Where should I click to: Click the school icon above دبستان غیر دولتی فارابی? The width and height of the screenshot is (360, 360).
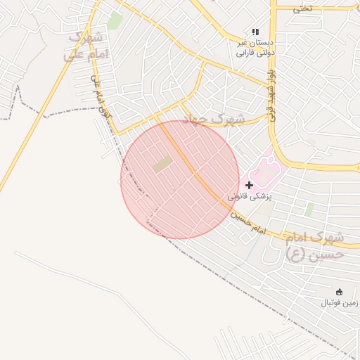[255, 32]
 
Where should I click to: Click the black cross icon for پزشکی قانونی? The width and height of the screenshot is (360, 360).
[249, 185]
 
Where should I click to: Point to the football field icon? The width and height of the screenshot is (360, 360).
[340, 292]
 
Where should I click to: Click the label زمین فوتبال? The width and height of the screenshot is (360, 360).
[340, 303]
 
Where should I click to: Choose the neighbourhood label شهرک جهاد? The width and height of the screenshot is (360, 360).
[214, 119]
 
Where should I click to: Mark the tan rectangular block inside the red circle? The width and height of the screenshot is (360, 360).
[162, 165]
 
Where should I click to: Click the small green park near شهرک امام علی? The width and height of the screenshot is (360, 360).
[114, 20]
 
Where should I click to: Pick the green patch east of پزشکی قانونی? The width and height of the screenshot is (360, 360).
[309, 210]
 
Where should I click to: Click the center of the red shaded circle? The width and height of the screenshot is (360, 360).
[180, 179]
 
